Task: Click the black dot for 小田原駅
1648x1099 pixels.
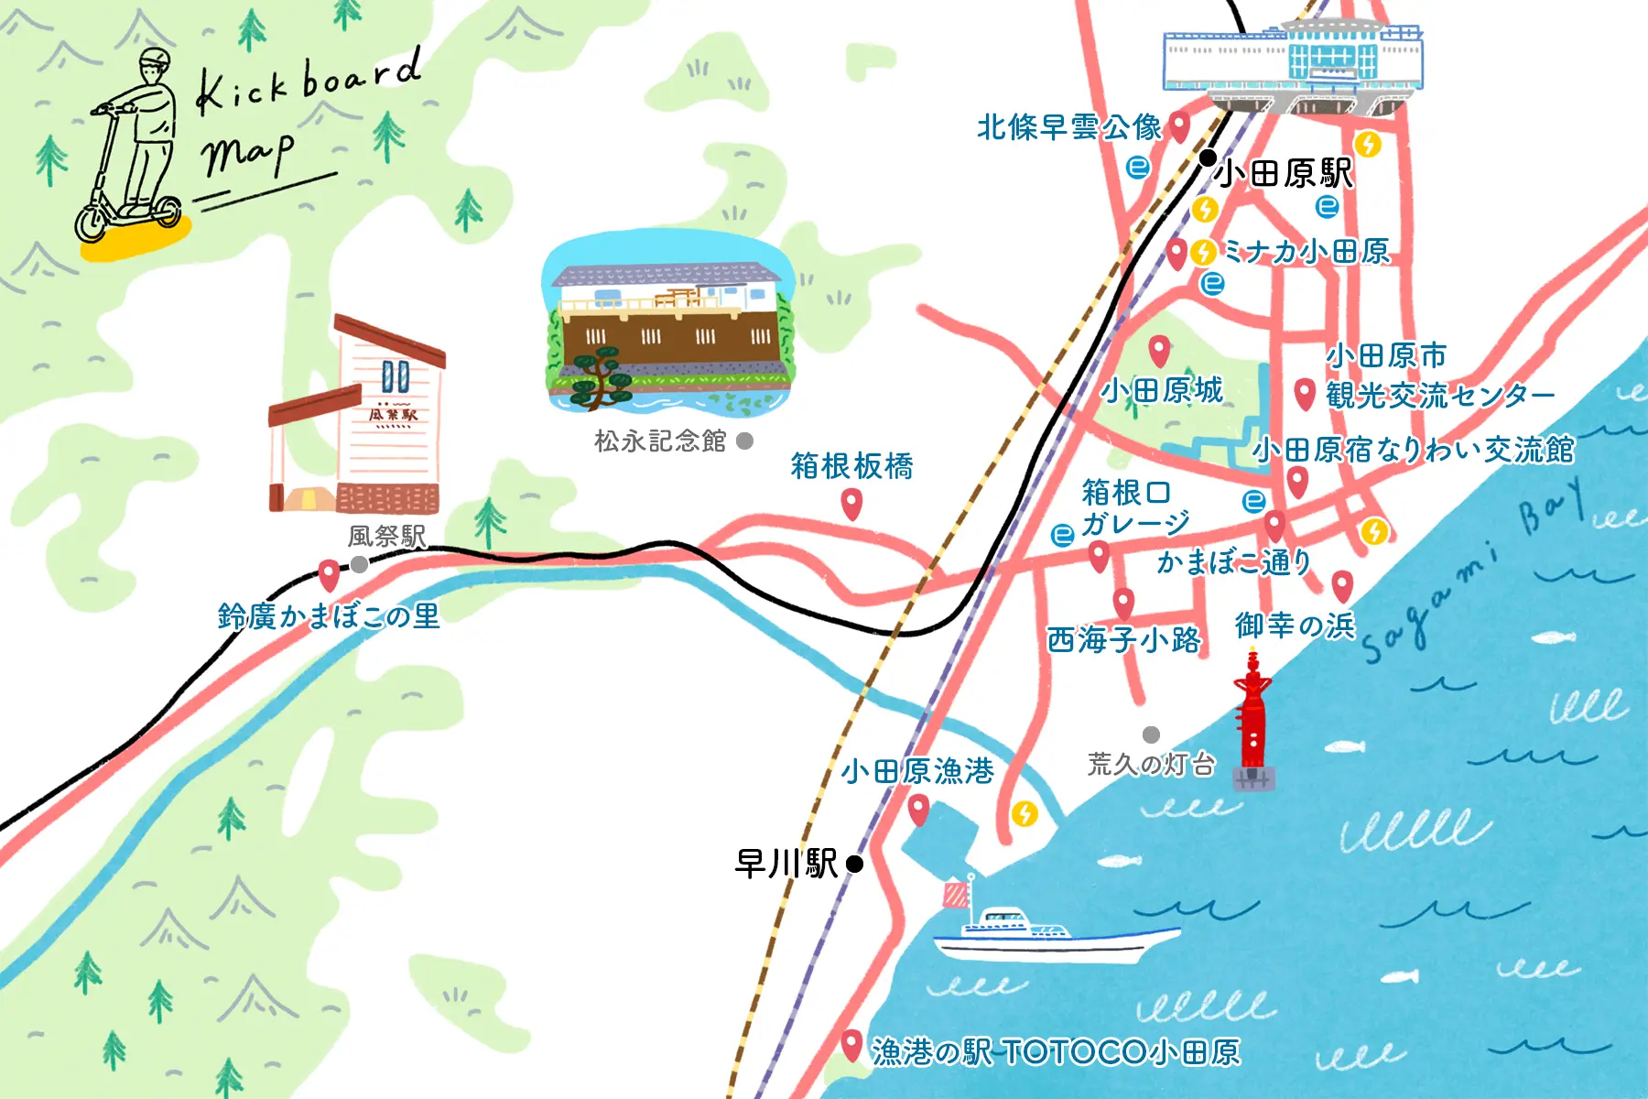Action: click(x=1209, y=158)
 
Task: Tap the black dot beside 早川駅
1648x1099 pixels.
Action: click(x=854, y=864)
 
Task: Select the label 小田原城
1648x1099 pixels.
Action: click(x=1161, y=391)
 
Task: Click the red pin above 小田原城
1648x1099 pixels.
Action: click(x=1160, y=350)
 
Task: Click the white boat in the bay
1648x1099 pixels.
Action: click(x=1053, y=934)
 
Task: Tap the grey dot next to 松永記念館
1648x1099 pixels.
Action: click(x=745, y=441)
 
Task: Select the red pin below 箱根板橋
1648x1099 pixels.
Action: click(x=851, y=503)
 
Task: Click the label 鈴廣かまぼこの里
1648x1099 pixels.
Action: click(x=329, y=615)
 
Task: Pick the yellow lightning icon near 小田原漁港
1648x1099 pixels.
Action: click(x=1025, y=812)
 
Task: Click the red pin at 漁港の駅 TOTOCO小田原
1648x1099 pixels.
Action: click(x=851, y=1045)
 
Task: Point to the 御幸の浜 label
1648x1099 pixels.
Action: click(x=1294, y=625)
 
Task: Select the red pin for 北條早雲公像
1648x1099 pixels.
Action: click(x=1180, y=125)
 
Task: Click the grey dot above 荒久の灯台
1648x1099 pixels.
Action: click(x=1152, y=734)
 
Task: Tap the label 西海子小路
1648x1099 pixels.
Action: click(x=1123, y=639)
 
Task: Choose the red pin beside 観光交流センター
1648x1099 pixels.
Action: click(x=1306, y=394)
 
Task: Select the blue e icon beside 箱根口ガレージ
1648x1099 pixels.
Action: click(x=1062, y=535)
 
